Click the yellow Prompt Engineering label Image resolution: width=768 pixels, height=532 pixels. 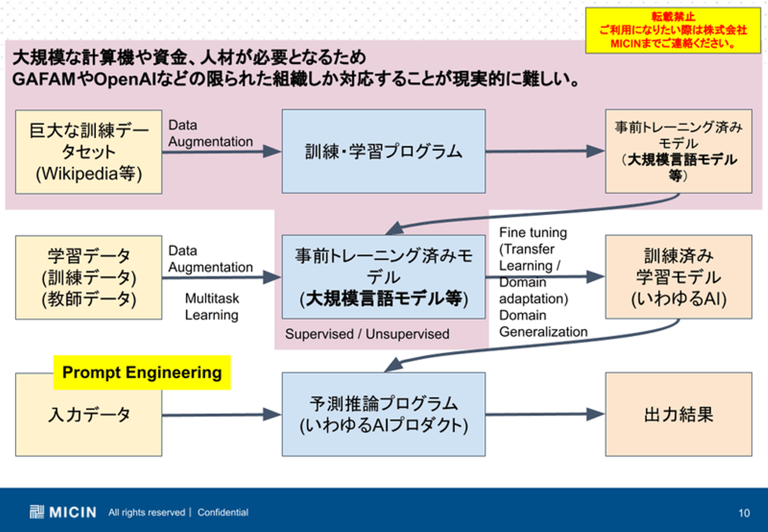click(142, 372)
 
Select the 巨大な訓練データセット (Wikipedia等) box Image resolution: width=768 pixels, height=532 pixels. click(89, 152)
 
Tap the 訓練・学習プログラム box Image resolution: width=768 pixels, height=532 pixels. click(383, 152)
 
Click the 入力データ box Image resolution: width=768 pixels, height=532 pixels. click(89, 422)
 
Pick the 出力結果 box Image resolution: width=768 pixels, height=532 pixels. click(678, 415)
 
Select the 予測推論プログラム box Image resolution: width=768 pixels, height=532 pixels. click(383, 415)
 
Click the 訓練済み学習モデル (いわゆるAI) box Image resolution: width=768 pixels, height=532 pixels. click(678, 277)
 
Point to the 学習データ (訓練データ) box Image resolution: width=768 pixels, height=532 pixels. click(89, 277)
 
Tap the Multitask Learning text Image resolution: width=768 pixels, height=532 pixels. click(212, 307)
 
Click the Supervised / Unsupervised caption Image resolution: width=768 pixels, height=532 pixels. click(367, 334)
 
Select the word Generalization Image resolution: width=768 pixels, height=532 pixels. click(543, 332)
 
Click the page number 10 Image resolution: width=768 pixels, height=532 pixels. click(744, 513)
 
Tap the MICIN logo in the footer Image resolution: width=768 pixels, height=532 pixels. click(63, 512)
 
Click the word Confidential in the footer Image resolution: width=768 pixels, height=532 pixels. click(223, 512)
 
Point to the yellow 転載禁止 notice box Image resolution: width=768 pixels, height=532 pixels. click(673, 30)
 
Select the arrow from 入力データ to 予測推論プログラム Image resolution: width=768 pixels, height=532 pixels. click(221, 415)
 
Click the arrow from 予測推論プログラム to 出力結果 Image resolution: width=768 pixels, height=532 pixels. click(545, 414)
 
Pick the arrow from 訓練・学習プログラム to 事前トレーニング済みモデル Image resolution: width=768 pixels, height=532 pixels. click(545, 151)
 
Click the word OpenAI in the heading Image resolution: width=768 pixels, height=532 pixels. click(125, 80)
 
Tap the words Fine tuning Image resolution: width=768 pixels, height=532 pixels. click(533, 233)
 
